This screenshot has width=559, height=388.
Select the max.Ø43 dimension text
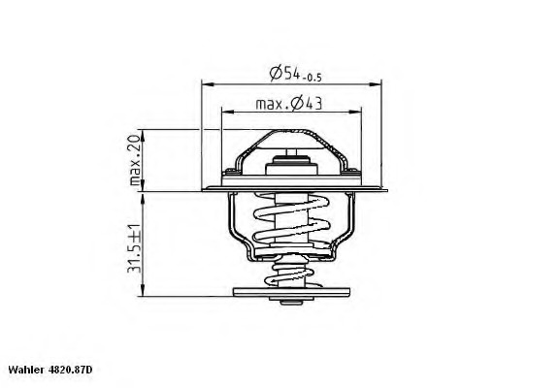click(x=289, y=103)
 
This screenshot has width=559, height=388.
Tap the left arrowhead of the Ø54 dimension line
click(x=206, y=84)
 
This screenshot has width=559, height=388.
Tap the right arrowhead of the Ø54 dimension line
click(x=378, y=84)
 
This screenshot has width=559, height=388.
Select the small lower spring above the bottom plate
click(x=290, y=274)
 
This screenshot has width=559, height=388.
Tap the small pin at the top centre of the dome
click(x=290, y=155)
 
